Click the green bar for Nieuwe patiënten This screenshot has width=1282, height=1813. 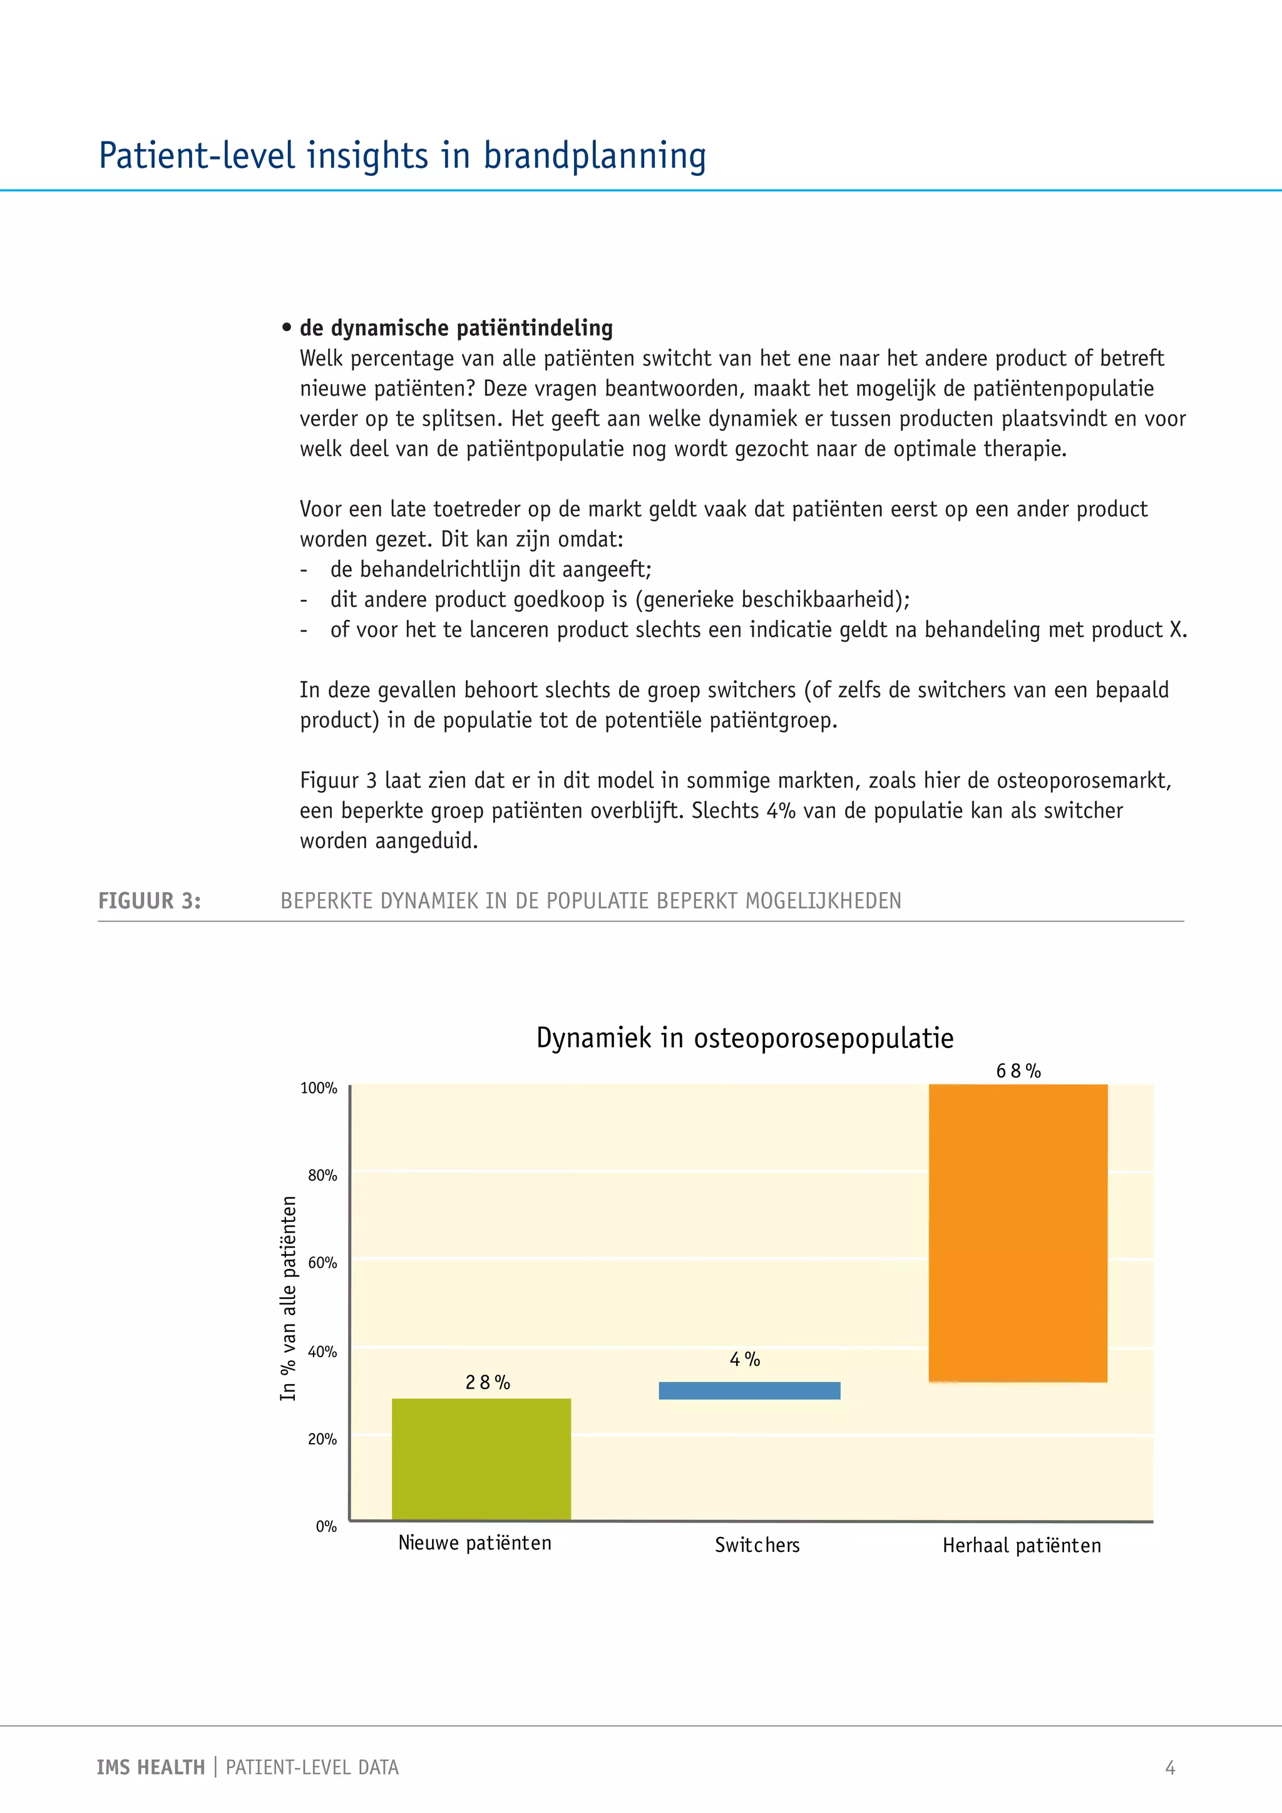click(x=481, y=1459)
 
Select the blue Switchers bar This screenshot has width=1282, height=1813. click(x=749, y=1390)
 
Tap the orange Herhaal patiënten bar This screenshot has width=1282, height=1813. click(x=1018, y=1233)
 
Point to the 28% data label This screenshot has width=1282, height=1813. click(x=487, y=1382)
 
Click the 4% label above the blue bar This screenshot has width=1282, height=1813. click(x=744, y=1359)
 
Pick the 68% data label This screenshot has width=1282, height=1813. click(x=1018, y=1071)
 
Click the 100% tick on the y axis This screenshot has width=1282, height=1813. click(x=318, y=1088)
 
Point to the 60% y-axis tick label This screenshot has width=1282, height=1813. click(x=322, y=1263)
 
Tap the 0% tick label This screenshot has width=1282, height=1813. click(x=326, y=1526)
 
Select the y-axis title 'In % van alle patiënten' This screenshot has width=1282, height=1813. click(x=288, y=1298)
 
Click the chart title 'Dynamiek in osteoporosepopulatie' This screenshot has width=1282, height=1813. click(x=744, y=1037)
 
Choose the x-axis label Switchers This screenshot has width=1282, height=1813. click(x=757, y=1545)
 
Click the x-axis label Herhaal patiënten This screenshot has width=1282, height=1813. click(x=1022, y=1545)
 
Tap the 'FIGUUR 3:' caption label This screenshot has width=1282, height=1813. click(x=149, y=901)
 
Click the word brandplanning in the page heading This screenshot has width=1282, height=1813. click(x=595, y=155)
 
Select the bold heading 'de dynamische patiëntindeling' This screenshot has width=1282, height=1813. click(x=456, y=327)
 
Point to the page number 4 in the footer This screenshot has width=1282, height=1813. click(x=1170, y=1767)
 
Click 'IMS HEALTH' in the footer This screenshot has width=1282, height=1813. click(x=150, y=1767)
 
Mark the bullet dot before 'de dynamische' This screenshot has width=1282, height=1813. click(x=287, y=327)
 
